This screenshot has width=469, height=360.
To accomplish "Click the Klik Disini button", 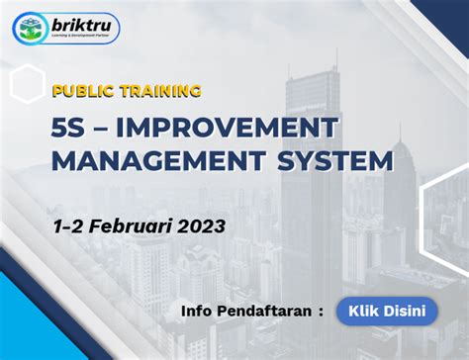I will tap(387, 311).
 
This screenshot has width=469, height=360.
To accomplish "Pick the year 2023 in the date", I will tap(200, 225).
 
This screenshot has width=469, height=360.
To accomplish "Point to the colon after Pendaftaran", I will tap(321, 313).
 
